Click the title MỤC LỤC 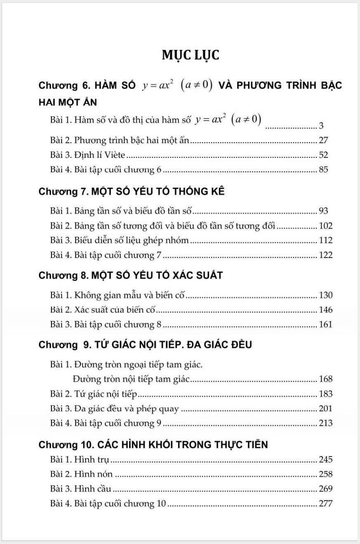click(x=190, y=55)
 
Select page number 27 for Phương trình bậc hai click(x=323, y=141)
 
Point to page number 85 click(x=323, y=170)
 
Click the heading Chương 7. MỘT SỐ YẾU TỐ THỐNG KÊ click(x=132, y=192)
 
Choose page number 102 click(x=325, y=226)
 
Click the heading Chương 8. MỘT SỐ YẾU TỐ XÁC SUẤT click(x=130, y=275)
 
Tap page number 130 click(x=325, y=295)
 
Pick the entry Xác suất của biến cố click(x=105, y=310)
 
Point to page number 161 click(x=325, y=324)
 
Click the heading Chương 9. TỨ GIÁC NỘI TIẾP click(x=145, y=345)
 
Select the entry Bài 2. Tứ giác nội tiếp click(x=93, y=394)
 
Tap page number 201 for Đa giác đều click(x=325, y=409)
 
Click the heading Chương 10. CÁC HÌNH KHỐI click(x=153, y=445)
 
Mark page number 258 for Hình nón click(x=325, y=474)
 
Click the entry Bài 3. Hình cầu click(x=81, y=489)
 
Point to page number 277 click(x=325, y=504)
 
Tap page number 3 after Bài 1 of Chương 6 click(x=321, y=125)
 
